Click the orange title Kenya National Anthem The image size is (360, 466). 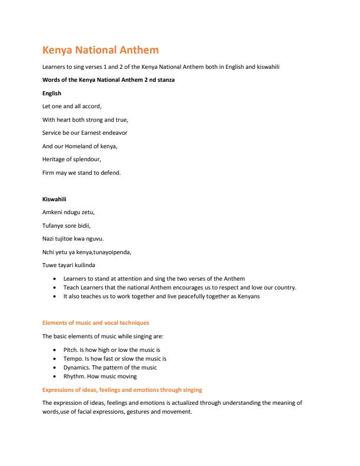101,51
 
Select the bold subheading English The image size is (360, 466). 52,94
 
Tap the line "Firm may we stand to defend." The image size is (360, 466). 81,172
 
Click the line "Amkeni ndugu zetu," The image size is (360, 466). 68,212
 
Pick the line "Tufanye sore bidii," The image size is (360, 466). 66,225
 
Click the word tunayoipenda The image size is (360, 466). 115,252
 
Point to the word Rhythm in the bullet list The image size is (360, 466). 74,376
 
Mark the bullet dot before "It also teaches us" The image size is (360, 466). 55,297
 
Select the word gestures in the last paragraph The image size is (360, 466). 144,411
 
